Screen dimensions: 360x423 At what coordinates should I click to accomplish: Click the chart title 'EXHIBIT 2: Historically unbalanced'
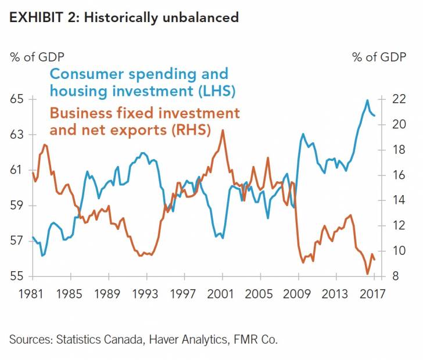(x=124, y=17)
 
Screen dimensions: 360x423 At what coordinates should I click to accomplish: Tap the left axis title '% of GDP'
(x=37, y=57)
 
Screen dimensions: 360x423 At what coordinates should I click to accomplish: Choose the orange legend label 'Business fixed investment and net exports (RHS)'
(x=144, y=121)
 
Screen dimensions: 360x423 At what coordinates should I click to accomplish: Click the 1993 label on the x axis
(x=146, y=293)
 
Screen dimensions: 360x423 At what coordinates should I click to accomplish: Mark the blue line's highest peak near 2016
(x=367, y=100)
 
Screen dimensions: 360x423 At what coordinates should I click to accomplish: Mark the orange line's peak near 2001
(x=223, y=130)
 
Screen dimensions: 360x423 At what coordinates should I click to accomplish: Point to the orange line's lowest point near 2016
(x=367, y=273)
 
